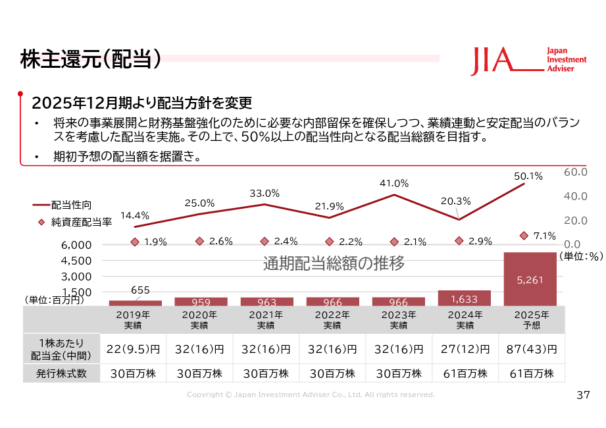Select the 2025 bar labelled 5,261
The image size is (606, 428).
coord(530,279)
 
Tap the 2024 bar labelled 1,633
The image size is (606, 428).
coord(464,298)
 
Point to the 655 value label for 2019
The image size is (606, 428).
coord(140,290)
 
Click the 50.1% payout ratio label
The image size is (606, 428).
coord(528,176)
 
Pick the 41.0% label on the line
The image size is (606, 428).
coord(394,183)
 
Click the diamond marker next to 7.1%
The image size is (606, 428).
coord(524,236)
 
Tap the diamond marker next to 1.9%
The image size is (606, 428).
coord(135,242)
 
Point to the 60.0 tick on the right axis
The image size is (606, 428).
coord(576,172)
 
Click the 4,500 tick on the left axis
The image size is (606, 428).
coord(78,261)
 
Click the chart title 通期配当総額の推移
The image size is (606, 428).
coord(334,264)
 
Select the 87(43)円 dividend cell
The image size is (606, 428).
coord(530,348)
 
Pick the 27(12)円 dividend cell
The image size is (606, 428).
coord(464,348)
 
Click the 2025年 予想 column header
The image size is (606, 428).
coord(531,320)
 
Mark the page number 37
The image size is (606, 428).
coord(583,395)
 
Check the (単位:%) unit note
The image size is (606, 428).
coord(581,257)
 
